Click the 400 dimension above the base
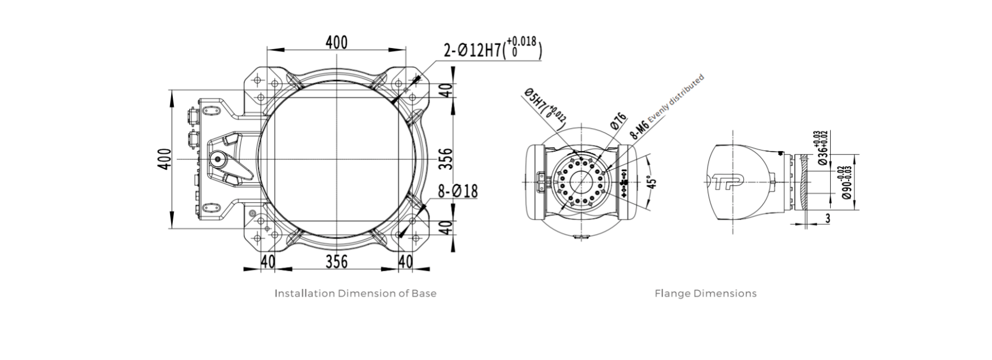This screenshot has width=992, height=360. (336, 42)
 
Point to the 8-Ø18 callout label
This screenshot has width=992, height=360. (458, 191)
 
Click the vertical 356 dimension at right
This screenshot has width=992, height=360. (447, 159)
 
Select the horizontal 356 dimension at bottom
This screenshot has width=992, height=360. (336, 262)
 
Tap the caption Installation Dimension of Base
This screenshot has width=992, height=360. (355, 293)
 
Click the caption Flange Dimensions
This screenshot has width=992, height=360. (705, 293)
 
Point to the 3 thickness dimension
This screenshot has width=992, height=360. (827, 218)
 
